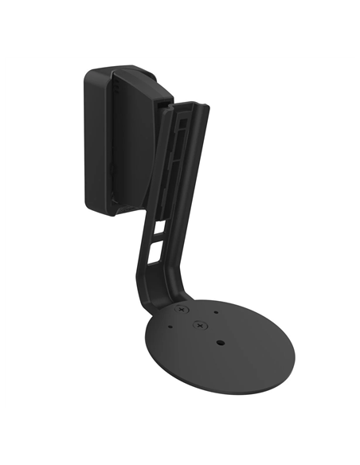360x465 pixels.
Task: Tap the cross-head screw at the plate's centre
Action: click(197, 325)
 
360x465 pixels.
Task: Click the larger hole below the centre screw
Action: click(221, 342)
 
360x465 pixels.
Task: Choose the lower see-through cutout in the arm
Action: click(154, 256)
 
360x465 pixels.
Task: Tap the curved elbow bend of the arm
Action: click(155, 291)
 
